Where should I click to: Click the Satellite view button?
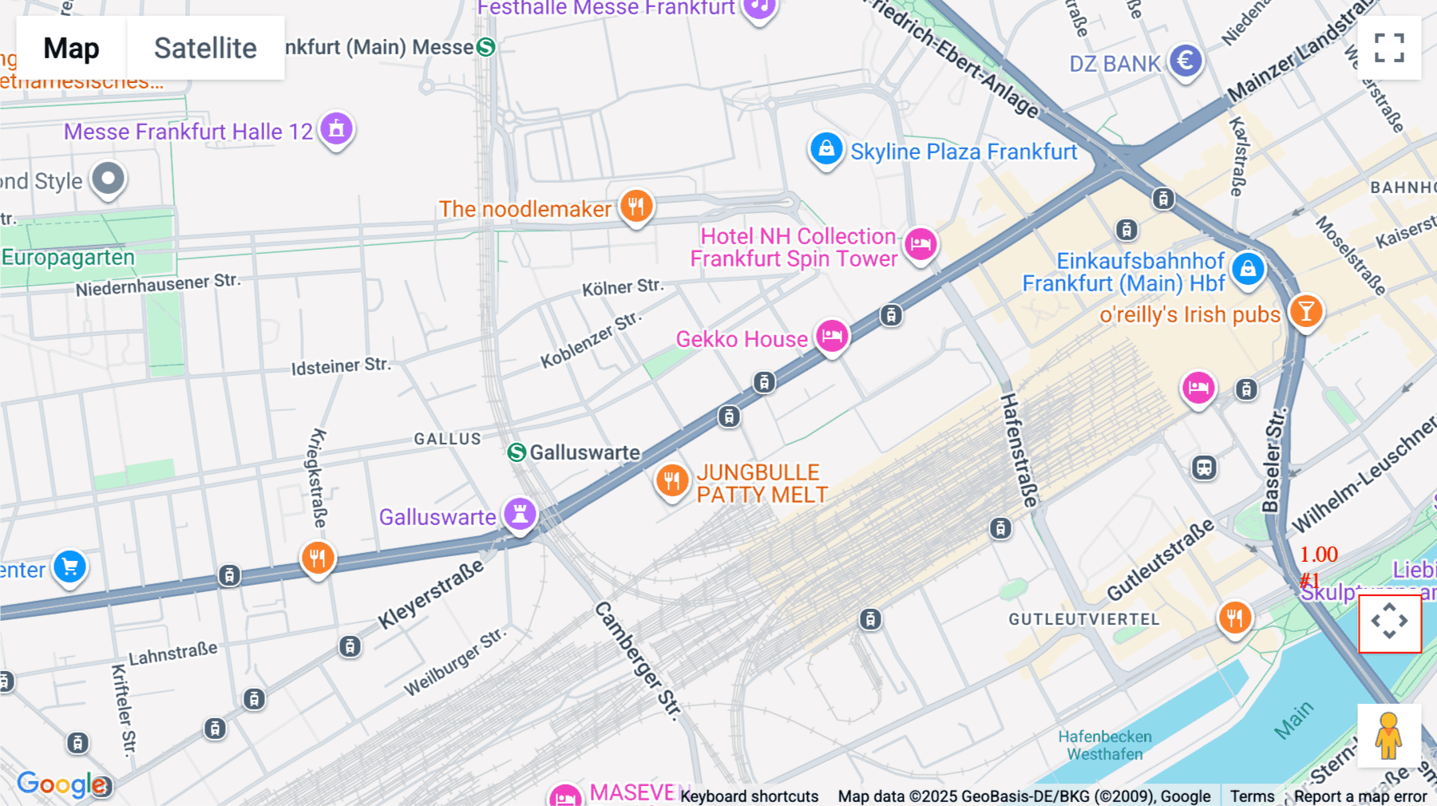(205, 48)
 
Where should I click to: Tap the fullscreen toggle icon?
(1389, 48)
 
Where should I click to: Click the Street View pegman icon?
(1388, 735)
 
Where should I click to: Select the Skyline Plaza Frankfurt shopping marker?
(826, 149)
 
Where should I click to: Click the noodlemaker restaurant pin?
(636, 206)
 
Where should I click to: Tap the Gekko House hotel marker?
(832, 336)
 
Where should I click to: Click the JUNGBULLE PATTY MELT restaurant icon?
(672, 481)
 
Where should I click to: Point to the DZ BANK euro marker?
(1186, 61)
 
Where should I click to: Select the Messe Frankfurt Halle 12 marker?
(336, 128)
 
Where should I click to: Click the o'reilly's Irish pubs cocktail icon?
(1306, 311)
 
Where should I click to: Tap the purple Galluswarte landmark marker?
(520, 514)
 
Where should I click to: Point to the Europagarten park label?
(69, 258)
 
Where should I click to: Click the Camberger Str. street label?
(638, 660)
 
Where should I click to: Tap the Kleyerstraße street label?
(431, 594)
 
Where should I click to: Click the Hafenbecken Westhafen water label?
(1105, 745)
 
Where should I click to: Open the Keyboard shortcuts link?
(749, 796)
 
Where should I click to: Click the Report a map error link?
(1360, 796)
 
